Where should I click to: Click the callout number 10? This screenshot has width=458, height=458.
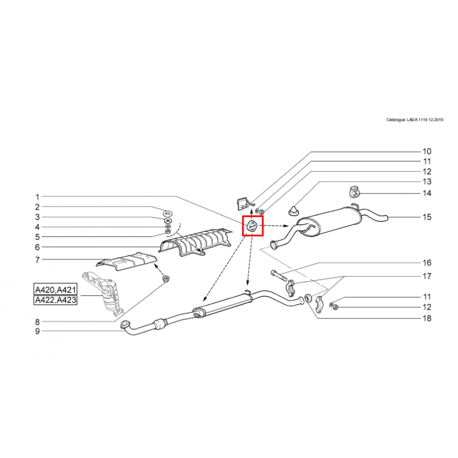click(427, 151)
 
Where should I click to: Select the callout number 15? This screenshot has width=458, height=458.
click(427, 217)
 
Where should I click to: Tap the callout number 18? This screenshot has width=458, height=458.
click(427, 318)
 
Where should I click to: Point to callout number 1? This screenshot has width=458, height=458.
click(37, 197)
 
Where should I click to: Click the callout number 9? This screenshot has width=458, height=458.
click(37, 331)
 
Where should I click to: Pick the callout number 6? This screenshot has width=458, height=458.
click(37, 247)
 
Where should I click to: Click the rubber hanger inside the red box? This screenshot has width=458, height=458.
click(252, 226)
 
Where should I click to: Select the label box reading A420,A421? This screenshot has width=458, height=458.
click(56, 290)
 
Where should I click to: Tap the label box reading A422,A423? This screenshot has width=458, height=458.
click(56, 300)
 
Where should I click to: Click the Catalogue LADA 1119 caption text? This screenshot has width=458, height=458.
click(414, 120)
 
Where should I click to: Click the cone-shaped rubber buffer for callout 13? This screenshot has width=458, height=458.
click(293, 211)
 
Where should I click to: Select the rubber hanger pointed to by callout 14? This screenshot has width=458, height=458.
click(354, 192)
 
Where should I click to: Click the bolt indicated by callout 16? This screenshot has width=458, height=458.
click(279, 275)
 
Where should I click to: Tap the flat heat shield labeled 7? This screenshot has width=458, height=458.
click(127, 261)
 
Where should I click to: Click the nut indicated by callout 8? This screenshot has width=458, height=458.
click(166, 279)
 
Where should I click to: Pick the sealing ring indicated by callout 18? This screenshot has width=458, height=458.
click(308, 299)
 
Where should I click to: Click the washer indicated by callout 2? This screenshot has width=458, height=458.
click(168, 212)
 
